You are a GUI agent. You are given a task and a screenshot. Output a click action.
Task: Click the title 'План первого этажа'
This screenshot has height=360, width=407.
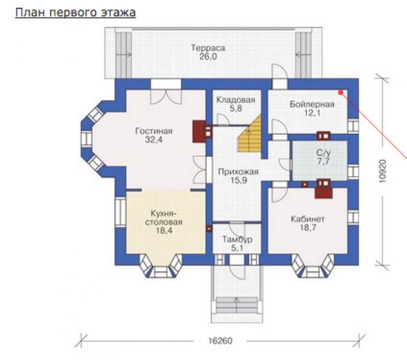point(75,13)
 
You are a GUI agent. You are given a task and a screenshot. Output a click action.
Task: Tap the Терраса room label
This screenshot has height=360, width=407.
point(208,48)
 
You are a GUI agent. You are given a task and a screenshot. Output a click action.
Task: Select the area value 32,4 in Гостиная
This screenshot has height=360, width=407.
point(153,140)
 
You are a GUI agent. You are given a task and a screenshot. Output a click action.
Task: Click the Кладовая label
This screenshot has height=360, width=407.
point(236,100)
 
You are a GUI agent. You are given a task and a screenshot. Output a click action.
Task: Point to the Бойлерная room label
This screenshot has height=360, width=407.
point(312,105)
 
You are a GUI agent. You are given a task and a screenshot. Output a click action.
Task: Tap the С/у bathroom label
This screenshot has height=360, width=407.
point(323,152)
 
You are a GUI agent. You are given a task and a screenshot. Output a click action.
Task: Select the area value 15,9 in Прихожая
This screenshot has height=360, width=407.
point(239,180)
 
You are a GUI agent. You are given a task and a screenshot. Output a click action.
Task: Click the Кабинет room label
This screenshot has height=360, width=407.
point(307,219)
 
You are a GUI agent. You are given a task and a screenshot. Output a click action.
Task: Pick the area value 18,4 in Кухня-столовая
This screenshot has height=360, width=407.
point(164,231)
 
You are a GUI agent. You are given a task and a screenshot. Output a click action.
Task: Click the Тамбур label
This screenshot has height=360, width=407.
point(237,239)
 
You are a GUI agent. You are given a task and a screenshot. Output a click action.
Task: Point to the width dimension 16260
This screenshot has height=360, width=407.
point(220,341)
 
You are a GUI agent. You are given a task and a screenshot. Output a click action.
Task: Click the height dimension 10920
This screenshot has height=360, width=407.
point(382,171)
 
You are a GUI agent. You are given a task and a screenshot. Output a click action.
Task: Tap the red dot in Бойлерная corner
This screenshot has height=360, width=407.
point(340,92)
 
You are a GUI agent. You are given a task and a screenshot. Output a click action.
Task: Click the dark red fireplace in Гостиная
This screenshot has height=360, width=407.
point(199,132)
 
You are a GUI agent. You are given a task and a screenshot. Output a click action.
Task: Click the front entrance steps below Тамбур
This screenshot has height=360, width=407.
point(237,305)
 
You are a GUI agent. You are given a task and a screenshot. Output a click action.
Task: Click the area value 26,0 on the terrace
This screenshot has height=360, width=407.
point(208,57)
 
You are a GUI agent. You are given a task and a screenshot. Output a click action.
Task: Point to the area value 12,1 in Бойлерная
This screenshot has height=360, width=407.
point(312,113)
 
